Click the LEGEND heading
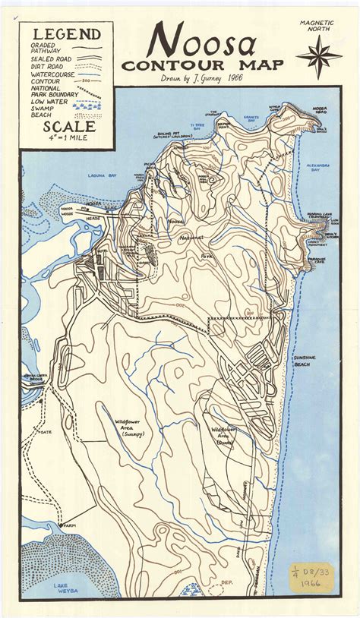(x=66, y=34)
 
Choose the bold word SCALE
(x=64, y=128)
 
